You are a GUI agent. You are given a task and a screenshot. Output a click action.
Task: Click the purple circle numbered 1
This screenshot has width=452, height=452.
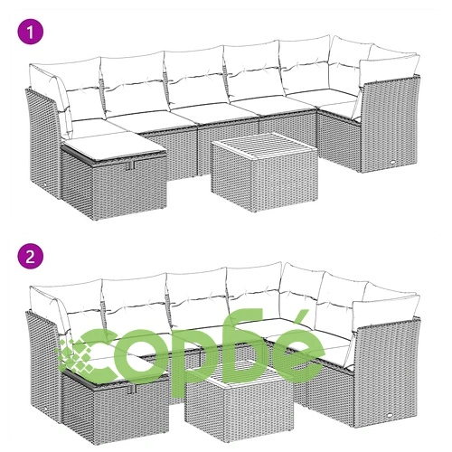[x=31, y=32]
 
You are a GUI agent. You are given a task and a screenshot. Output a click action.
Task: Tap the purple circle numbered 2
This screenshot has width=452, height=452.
[x=31, y=257]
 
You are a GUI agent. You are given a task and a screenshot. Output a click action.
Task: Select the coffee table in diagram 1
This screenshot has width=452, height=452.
[x=264, y=172]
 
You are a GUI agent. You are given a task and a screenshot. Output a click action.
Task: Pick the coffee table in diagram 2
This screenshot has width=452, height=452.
[x=239, y=401]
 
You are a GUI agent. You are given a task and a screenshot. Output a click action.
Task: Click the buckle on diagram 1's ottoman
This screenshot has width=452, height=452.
[x=131, y=165]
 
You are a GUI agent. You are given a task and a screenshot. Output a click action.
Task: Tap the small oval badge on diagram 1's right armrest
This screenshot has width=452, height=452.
[x=394, y=162]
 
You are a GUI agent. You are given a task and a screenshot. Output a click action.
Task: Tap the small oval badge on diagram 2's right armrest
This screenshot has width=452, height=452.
[x=391, y=415]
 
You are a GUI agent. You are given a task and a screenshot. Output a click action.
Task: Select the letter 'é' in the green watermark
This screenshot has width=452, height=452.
[x=296, y=346]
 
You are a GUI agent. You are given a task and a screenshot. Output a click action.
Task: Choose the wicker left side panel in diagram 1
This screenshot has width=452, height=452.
[x=42, y=142]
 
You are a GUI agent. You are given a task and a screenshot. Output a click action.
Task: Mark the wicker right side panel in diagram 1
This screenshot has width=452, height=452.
[x=390, y=124]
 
